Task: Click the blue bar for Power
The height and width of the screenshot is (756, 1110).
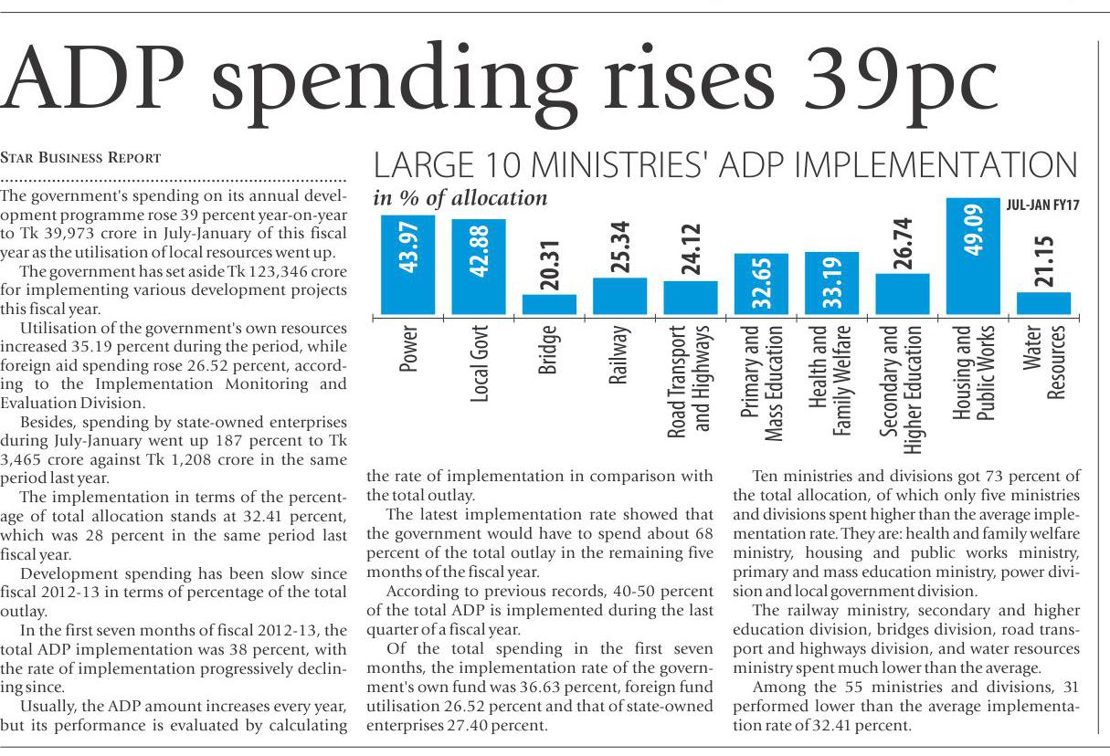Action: click(407, 265)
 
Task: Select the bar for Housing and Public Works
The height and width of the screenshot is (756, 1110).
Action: click(972, 257)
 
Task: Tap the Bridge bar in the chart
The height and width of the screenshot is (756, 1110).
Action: click(549, 304)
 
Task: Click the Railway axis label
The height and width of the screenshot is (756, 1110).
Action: click(618, 352)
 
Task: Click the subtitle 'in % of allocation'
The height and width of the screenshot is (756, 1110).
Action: click(460, 198)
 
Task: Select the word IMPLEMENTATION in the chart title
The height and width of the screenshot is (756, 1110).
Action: click(925, 165)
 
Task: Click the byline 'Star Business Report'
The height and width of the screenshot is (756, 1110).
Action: click(80, 157)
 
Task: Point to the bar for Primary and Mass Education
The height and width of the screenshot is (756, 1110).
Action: click(761, 284)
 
